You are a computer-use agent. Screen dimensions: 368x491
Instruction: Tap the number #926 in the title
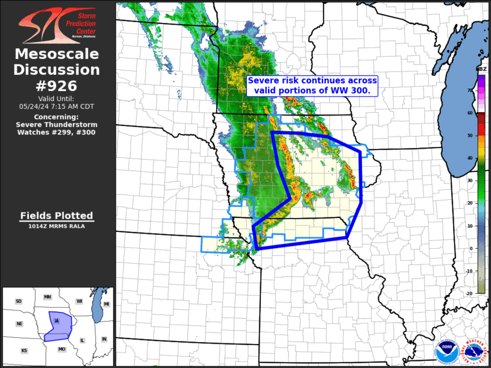(x=57, y=86)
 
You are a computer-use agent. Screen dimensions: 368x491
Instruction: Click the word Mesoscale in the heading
(x=57, y=55)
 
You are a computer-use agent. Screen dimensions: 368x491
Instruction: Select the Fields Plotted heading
(x=57, y=215)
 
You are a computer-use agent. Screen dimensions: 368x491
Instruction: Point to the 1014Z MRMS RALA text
(x=57, y=226)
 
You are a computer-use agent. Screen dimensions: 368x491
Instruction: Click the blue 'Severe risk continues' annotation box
(x=313, y=86)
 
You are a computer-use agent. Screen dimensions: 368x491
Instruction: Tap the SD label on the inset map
(x=19, y=301)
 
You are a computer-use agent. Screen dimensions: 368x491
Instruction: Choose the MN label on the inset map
(x=48, y=298)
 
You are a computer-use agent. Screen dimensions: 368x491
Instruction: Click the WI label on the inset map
(x=79, y=301)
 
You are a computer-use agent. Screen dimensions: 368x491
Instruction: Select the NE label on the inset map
(x=19, y=323)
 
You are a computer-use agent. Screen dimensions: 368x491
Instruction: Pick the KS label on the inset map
(x=24, y=350)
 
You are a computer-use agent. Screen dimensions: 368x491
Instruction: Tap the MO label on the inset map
(x=61, y=349)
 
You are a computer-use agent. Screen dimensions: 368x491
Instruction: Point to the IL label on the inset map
(x=83, y=340)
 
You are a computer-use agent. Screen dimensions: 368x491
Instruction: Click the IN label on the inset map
(x=104, y=339)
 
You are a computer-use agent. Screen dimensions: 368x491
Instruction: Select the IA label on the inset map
(x=57, y=320)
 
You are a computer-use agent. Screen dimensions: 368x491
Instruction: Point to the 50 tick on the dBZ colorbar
(x=469, y=136)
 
